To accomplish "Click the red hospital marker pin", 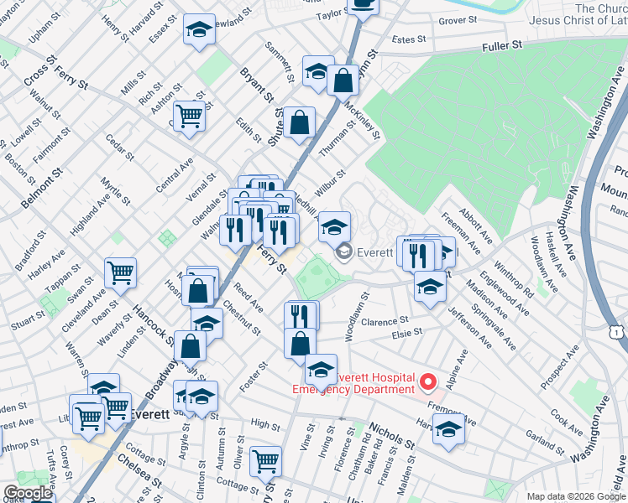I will [x=428, y=382].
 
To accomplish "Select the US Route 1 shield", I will [x=617, y=333].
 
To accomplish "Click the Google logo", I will [x=28, y=493].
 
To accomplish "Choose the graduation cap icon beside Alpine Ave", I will [x=449, y=430].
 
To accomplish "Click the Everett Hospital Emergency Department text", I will [x=353, y=382].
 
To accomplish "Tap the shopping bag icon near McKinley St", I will [x=343, y=80].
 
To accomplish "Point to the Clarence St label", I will [x=385, y=320].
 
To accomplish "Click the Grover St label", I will [x=458, y=19].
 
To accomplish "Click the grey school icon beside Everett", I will [x=343, y=251].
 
